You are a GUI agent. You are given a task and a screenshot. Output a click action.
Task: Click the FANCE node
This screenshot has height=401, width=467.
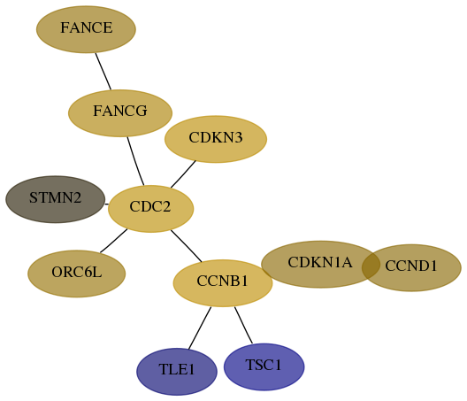[x=86, y=29]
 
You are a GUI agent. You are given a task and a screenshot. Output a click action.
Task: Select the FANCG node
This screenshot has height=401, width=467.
[x=120, y=113]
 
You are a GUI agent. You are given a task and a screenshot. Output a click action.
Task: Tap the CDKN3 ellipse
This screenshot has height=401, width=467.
[x=216, y=139]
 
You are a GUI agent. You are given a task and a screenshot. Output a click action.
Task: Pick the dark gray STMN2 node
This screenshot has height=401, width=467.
[x=56, y=199]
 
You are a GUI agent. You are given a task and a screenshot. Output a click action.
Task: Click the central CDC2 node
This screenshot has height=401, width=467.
[x=150, y=209]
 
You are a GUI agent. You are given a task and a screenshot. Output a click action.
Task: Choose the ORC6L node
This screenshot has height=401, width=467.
[x=77, y=274]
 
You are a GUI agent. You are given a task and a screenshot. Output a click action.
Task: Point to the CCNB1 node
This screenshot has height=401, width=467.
[x=223, y=283]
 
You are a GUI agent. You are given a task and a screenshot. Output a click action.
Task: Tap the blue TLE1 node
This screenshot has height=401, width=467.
[x=177, y=372]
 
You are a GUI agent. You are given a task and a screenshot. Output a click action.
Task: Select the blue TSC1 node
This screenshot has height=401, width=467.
[x=264, y=366]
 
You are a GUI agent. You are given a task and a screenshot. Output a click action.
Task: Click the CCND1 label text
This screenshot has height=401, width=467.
[x=411, y=266]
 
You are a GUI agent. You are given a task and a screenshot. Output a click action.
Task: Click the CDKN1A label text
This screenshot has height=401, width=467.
[x=320, y=262]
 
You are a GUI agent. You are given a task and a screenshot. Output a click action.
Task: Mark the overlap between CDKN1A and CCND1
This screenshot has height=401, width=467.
[x=371, y=266]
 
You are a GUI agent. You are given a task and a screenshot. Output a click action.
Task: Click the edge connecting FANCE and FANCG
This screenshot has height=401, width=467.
[x=103, y=72]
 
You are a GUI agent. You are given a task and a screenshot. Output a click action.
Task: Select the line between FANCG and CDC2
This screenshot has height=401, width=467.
[x=135, y=161]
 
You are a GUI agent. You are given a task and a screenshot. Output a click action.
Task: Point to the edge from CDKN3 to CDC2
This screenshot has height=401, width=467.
[x=183, y=174]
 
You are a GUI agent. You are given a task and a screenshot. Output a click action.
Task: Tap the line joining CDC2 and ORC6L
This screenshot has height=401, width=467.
[x=114, y=241]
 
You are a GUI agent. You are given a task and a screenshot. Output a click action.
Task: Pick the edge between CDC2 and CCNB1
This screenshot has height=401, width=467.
[x=187, y=246]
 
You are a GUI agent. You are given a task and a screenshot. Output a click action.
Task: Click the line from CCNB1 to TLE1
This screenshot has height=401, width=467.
[x=200, y=328]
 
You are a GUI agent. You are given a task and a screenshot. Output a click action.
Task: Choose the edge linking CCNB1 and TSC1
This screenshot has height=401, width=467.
[x=243, y=325]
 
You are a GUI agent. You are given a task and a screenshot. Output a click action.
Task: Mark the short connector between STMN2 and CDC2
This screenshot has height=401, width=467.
[x=107, y=204]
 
